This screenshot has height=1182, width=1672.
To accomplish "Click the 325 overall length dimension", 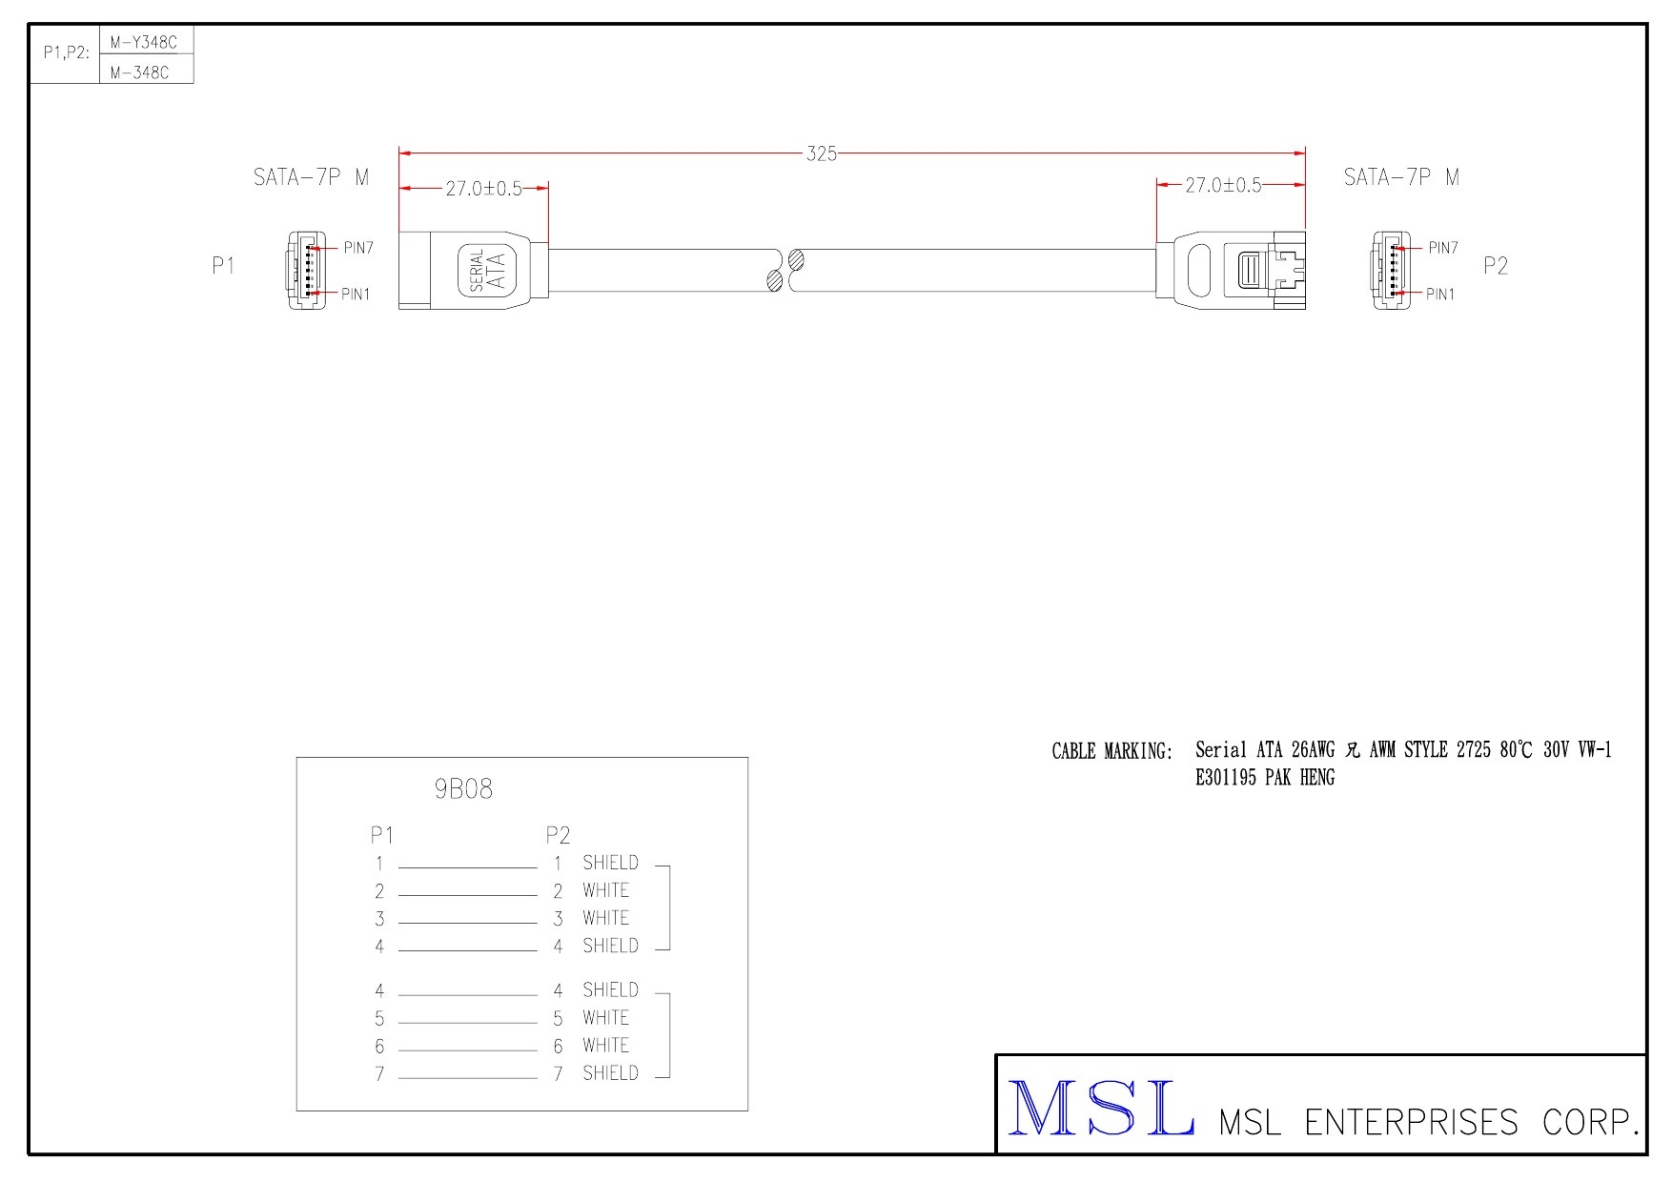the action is (822, 153).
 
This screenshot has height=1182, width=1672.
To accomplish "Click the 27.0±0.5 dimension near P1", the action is (484, 188).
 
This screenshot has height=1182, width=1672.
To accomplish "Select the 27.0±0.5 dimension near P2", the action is (1223, 185).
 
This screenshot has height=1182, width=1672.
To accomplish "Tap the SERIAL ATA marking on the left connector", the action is (487, 270).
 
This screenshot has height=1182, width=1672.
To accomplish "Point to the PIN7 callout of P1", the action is (357, 248).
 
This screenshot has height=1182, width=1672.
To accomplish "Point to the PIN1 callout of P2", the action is (1440, 294).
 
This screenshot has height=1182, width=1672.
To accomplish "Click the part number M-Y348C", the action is (144, 42).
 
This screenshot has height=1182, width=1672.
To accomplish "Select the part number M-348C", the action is (139, 71).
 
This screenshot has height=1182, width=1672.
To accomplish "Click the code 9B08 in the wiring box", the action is (463, 789).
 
